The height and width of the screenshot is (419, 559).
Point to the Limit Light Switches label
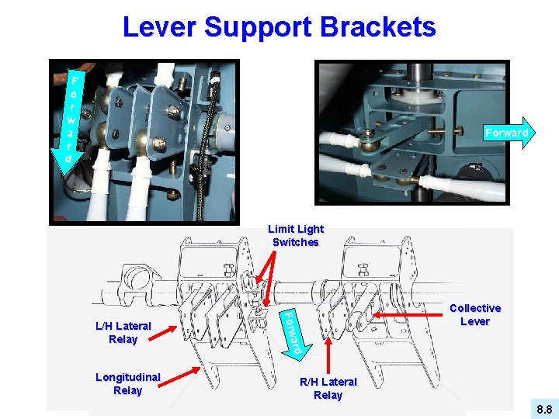point(295,235)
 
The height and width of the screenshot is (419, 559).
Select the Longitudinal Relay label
point(127,383)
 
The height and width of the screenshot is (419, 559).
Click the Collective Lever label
point(474,314)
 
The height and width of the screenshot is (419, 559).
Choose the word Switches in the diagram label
point(295,242)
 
